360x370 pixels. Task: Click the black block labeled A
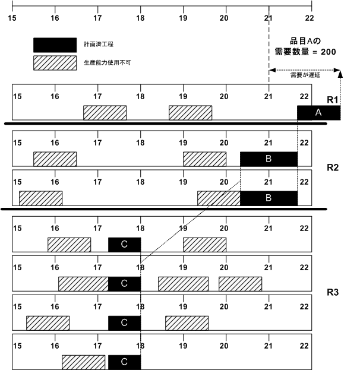tap(318, 113)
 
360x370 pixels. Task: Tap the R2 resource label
tap(333, 167)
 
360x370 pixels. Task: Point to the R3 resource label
tap(333, 292)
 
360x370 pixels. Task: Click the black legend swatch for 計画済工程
tap(55, 45)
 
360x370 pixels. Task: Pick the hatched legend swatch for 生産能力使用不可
tap(55, 62)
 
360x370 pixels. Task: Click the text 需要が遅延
tap(304, 75)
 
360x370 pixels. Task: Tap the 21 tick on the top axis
tap(269, 17)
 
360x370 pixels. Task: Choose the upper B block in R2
tap(269, 159)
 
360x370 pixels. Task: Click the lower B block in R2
tap(269, 198)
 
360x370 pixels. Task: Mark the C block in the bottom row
tap(124, 361)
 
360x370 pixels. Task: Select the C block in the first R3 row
tap(124, 244)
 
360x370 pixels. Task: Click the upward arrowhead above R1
tap(340, 72)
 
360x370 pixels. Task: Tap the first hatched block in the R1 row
tap(105, 112)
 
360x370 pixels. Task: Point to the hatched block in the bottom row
tap(83, 361)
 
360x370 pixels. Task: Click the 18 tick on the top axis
tap(141, 17)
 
